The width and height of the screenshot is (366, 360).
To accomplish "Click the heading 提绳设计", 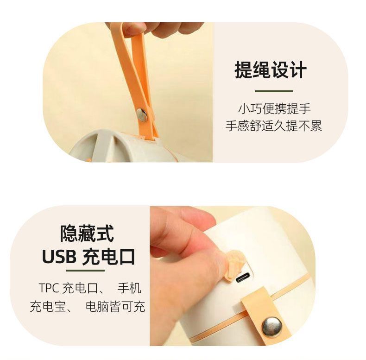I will pyautogui.click(x=271, y=71).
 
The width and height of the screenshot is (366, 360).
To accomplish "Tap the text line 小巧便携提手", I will pyautogui.click(x=274, y=109).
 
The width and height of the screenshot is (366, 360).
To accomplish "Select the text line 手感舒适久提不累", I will pyautogui.click(x=274, y=125).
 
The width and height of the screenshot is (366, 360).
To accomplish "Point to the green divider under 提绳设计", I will pyautogui.click(x=274, y=91).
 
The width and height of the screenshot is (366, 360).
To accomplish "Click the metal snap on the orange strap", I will pyautogui.click(x=142, y=114).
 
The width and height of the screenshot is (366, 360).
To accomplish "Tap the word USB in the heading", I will pyautogui.click(x=59, y=256).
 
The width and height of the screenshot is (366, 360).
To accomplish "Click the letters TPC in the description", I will pyautogui.click(x=49, y=288).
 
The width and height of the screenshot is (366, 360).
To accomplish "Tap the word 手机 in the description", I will pyautogui.click(x=129, y=288).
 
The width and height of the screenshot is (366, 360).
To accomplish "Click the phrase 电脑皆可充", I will pyautogui.click(x=115, y=306).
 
